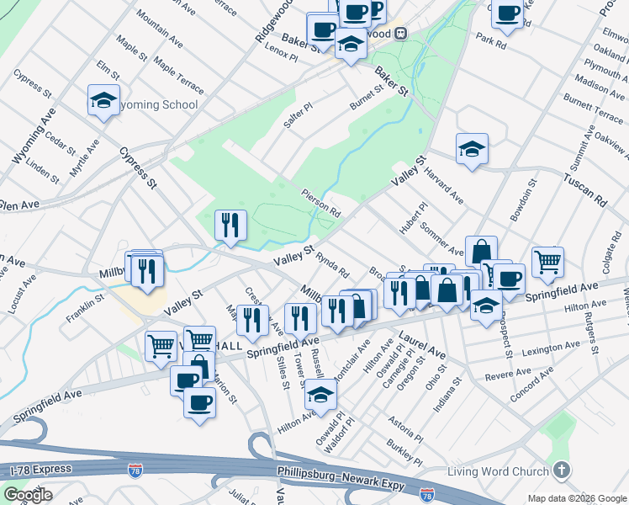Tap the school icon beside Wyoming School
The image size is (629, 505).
(x=103, y=101)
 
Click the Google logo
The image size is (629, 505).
(x=29, y=494)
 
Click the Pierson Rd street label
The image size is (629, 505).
(x=321, y=202)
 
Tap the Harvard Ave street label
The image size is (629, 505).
(x=444, y=185)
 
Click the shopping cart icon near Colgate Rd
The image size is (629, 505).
(x=547, y=261)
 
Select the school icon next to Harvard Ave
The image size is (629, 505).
(x=473, y=150)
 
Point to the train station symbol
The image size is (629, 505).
(x=401, y=34)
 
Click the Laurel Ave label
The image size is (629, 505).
(x=422, y=342)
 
